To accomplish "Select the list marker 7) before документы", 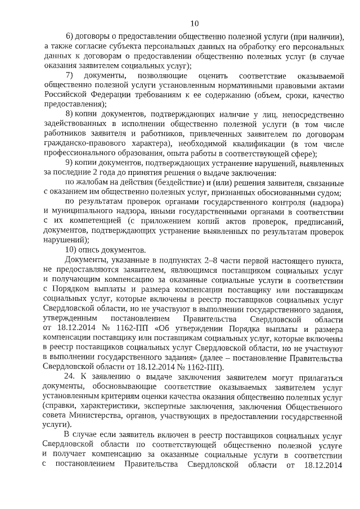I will click(x=70, y=75).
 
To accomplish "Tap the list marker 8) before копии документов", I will click(x=70, y=114).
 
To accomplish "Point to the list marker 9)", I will click(x=70, y=163).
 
